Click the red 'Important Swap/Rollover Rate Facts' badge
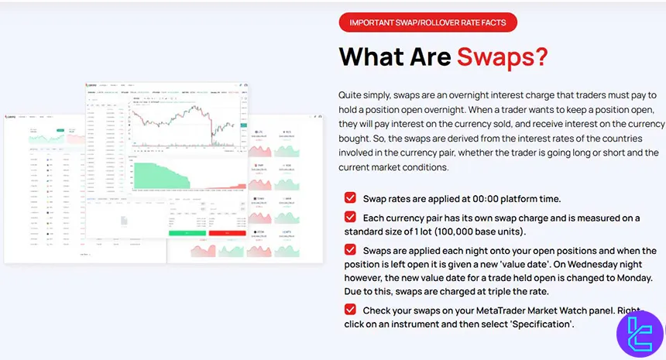coord(427,22)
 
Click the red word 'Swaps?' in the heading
coord(502,57)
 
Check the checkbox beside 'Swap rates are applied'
coord(350,198)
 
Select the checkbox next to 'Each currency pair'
coord(350,218)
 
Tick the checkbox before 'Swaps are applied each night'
coord(350,250)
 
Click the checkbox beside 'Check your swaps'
coord(350,310)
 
